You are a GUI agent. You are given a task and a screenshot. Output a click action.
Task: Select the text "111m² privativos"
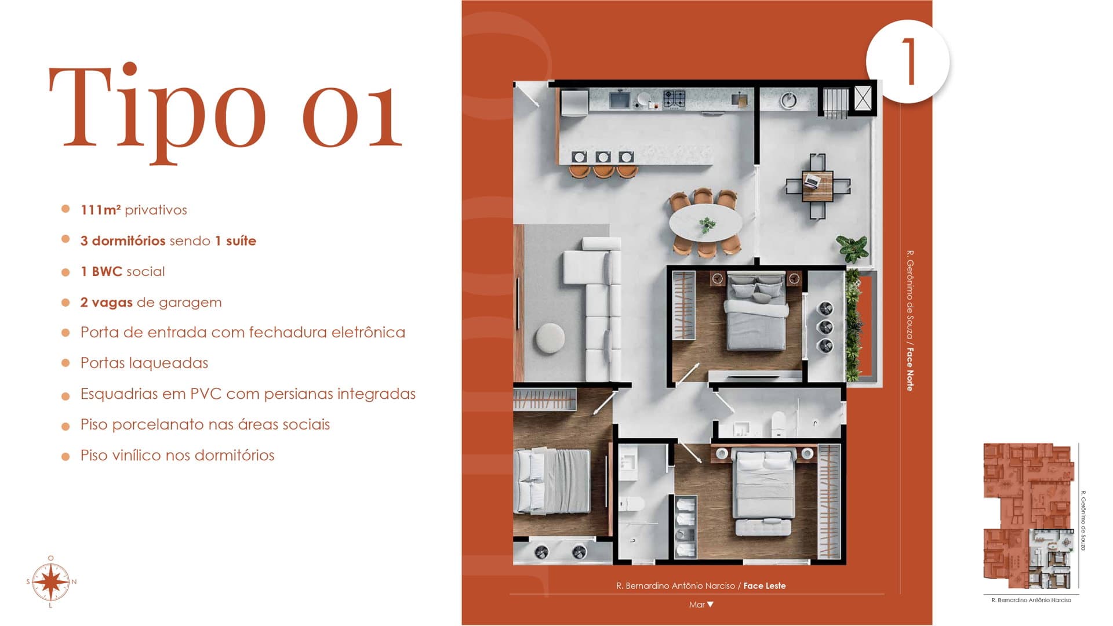tap(134, 210)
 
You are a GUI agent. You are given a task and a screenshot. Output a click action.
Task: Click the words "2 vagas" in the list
tap(107, 302)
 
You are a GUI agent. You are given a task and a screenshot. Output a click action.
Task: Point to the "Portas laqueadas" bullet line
tap(144, 363)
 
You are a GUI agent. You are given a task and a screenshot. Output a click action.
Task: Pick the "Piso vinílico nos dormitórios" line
tap(177, 456)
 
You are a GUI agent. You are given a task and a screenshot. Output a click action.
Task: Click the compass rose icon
tap(51, 581)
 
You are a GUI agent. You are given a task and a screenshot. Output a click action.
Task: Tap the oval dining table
tap(705, 223)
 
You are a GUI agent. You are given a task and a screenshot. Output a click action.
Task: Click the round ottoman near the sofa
tap(550, 338)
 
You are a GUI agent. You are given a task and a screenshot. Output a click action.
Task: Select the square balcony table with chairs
tap(818, 186)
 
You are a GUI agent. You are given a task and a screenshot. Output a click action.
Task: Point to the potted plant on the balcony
tap(852, 248)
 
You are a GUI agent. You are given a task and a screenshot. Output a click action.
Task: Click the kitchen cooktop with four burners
tap(674, 99)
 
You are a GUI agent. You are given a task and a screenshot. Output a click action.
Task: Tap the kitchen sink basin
tap(620, 100)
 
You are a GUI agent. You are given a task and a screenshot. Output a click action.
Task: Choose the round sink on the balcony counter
tap(788, 100)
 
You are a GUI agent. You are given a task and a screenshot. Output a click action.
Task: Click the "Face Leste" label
tap(765, 586)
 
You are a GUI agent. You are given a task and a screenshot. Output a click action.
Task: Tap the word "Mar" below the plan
tap(697, 605)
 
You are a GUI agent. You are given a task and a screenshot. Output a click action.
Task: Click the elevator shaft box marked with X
tap(863, 98)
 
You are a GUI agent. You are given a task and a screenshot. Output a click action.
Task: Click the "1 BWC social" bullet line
tap(123, 271)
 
